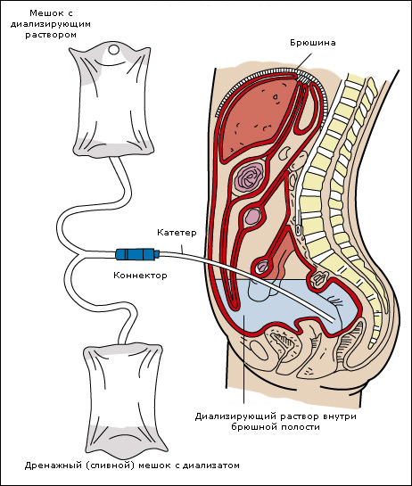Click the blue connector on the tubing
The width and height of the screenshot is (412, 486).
click(x=137, y=254)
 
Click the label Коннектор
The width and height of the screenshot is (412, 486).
click(x=140, y=275)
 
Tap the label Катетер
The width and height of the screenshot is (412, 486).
click(x=177, y=232)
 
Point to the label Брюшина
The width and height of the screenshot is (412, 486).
click(x=313, y=43)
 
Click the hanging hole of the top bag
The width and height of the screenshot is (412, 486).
click(x=113, y=49)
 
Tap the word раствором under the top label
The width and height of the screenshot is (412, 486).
click(x=51, y=35)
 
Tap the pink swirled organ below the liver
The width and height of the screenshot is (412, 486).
click(x=249, y=178)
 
